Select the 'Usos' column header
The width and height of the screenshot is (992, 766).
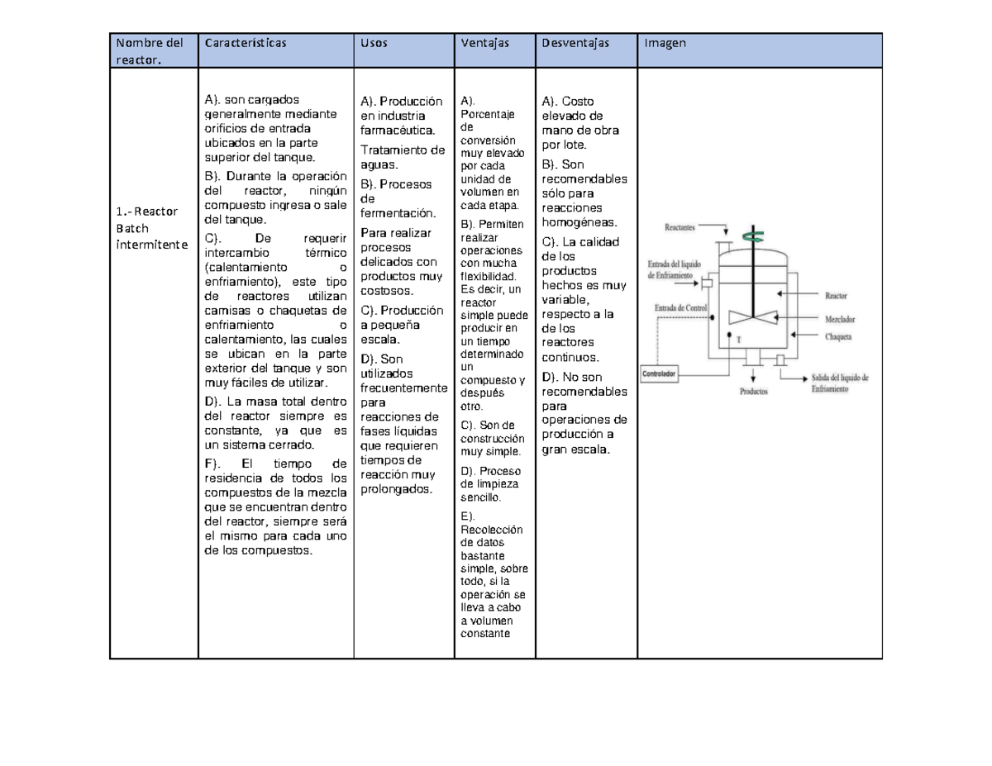pyautogui.click(x=374, y=43)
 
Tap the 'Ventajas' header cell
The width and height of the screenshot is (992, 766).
pyautogui.click(x=485, y=43)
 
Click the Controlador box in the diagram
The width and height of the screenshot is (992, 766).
pyautogui.click(x=660, y=373)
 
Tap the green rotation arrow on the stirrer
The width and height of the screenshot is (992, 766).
pyautogui.click(x=752, y=236)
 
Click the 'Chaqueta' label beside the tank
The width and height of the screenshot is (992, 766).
pyautogui.click(x=837, y=335)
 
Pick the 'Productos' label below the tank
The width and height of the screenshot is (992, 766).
pyautogui.click(x=755, y=393)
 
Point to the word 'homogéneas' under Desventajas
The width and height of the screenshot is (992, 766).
pyautogui.click(x=579, y=222)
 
